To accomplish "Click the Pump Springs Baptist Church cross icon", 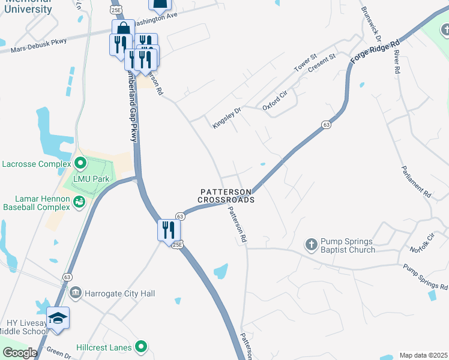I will (311, 244).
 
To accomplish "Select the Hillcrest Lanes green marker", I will (141, 347).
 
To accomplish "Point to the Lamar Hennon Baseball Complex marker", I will (79, 202).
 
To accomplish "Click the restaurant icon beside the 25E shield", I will (168, 230).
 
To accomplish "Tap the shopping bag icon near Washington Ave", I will (123, 29).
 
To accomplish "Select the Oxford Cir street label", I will (276, 101).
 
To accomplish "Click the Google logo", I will (20, 353).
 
